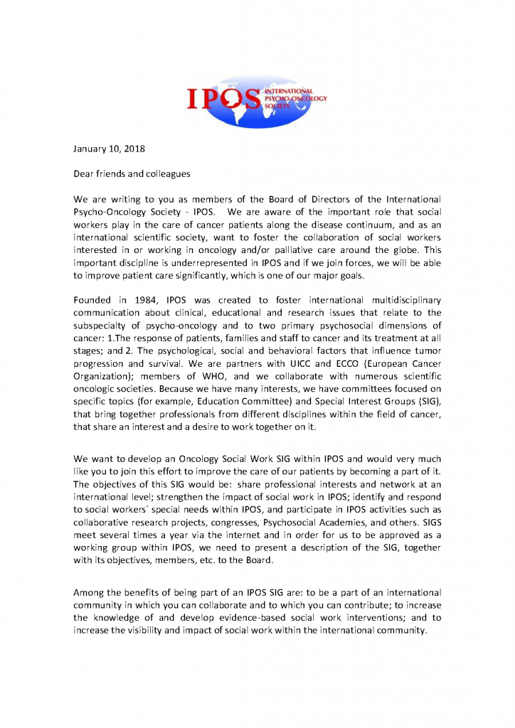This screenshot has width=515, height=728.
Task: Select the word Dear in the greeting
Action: [x=86, y=173]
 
